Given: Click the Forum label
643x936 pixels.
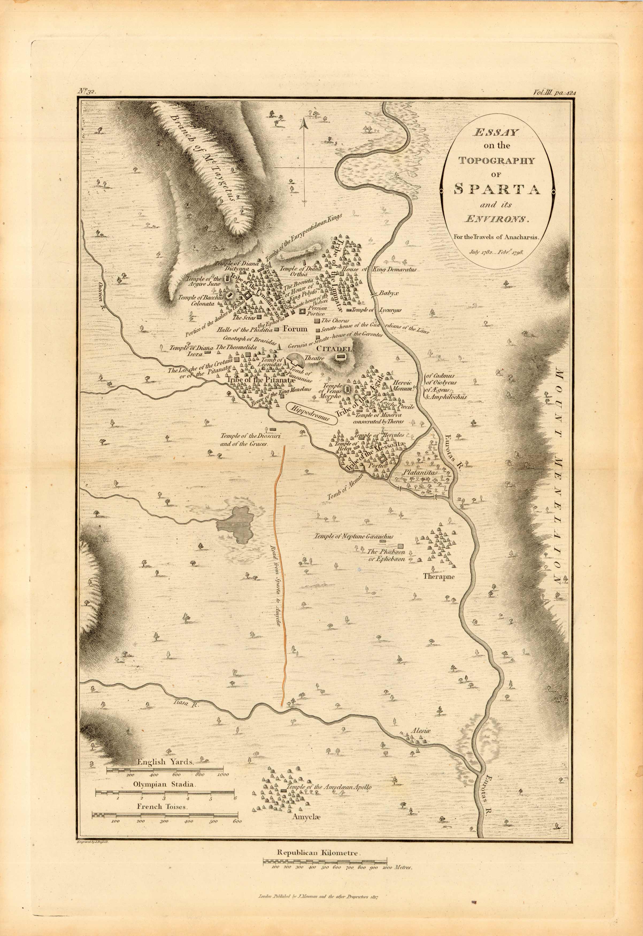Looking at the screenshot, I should pyautogui.click(x=295, y=329).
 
